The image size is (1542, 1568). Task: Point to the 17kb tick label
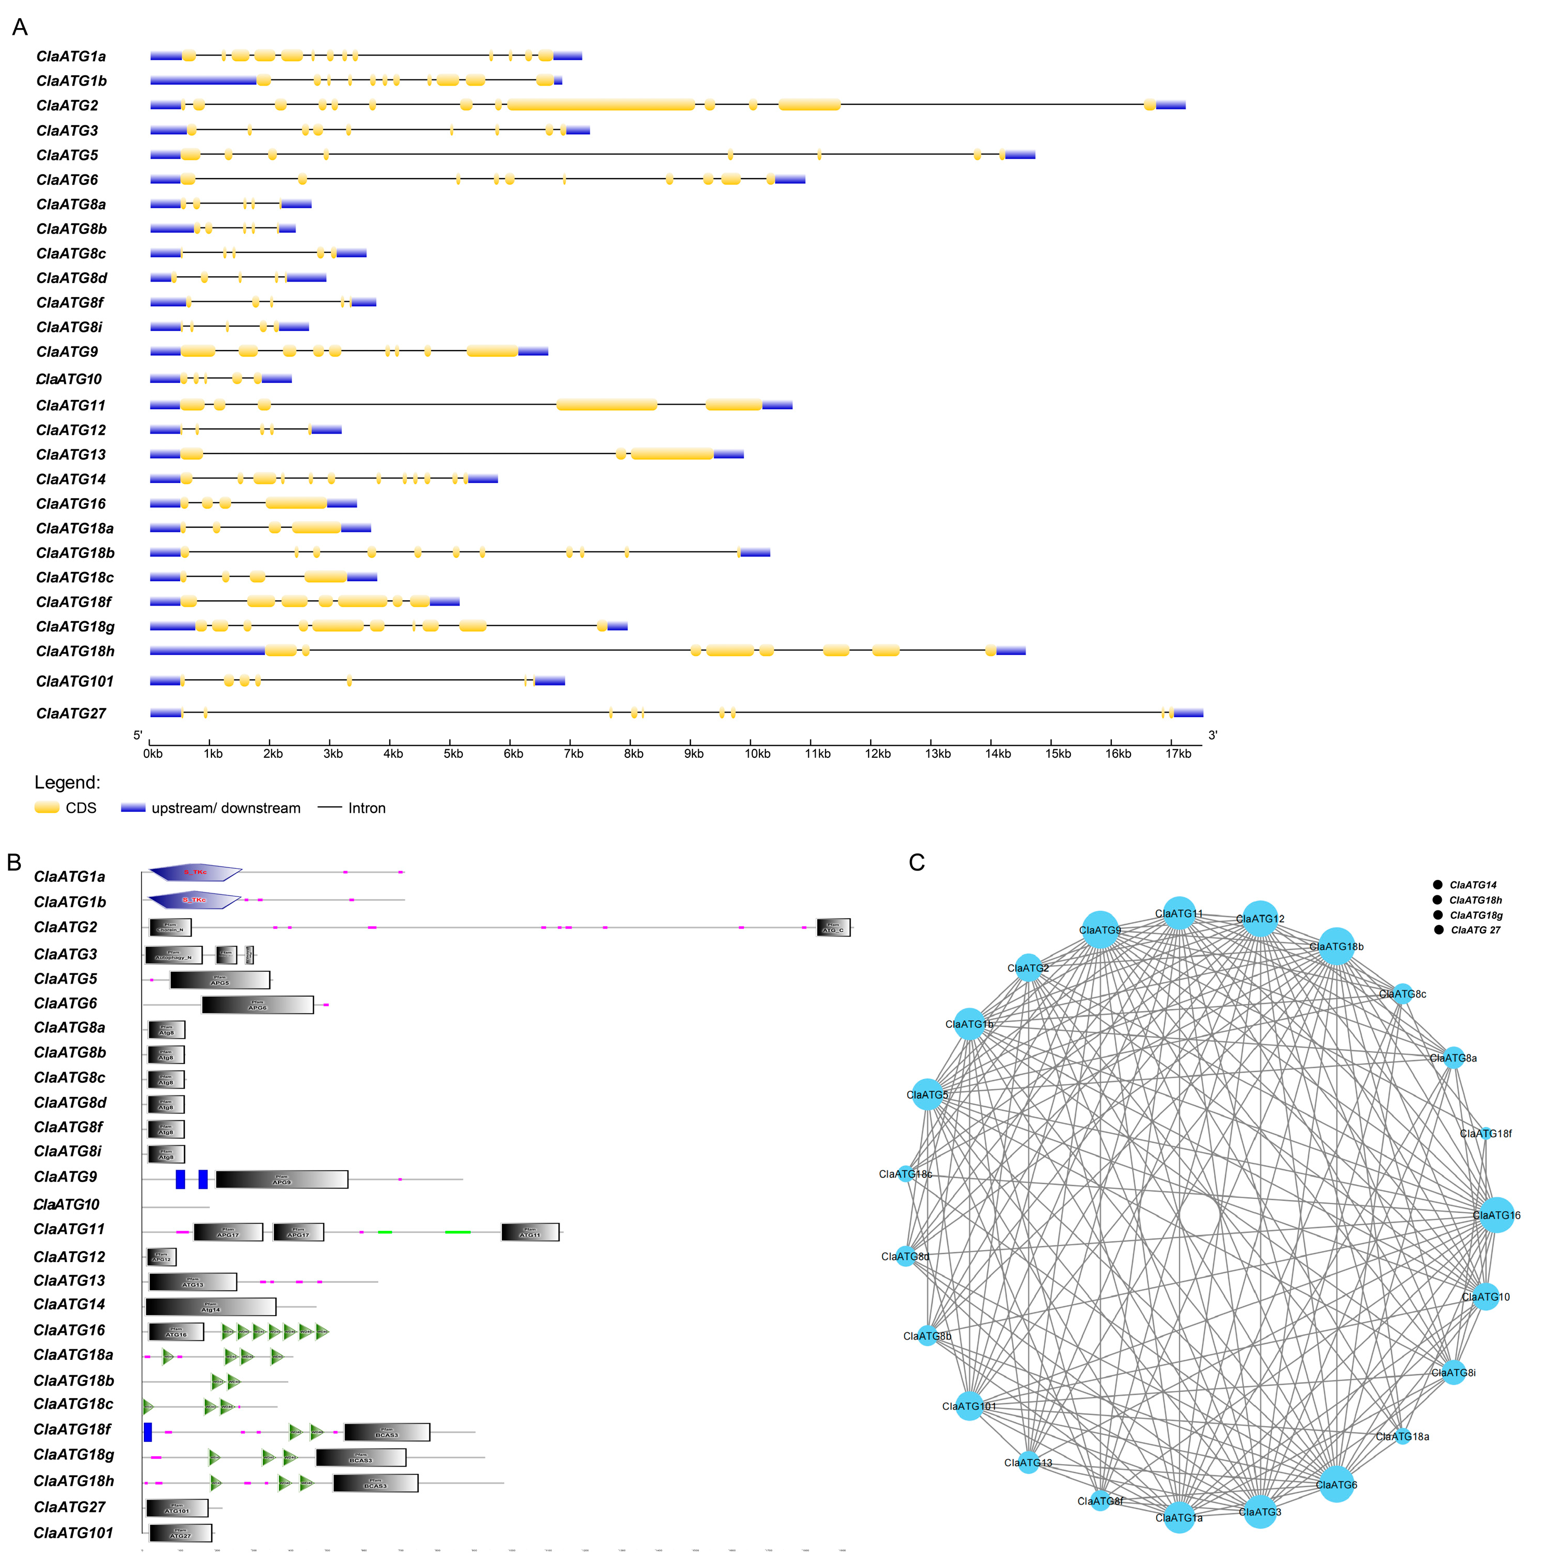[1178, 754]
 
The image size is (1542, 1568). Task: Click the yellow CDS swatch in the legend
[47, 808]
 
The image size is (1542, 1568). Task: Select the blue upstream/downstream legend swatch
[133, 808]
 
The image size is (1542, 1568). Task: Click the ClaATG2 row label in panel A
[67, 105]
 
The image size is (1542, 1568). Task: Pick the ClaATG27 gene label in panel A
[71, 713]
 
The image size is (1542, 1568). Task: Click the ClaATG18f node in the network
[1485, 1133]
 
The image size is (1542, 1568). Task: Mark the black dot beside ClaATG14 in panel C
[1438, 885]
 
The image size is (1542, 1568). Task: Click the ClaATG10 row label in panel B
[67, 1204]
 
